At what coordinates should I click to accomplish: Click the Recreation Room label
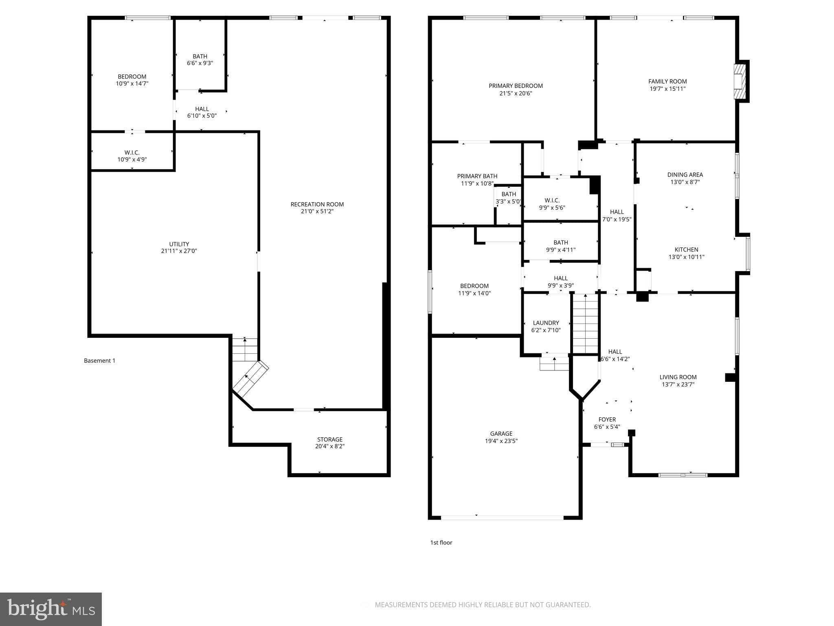[317, 204]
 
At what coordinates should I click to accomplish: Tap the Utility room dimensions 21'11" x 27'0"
[179, 251]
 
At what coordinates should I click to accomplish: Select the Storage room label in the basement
[330, 439]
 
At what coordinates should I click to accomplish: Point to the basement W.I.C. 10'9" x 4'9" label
[132, 156]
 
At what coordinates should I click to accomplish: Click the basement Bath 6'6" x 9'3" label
[200, 60]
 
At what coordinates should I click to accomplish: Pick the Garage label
[501, 434]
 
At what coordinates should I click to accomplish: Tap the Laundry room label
[546, 323]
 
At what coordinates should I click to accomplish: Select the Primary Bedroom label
[516, 86]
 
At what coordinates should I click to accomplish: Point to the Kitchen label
[687, 249]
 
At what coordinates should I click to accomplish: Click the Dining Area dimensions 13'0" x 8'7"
[685, 182]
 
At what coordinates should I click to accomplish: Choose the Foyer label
[607, 419]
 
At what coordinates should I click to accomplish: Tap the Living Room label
[678, 377]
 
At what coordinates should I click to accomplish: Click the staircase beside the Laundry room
[586, 324]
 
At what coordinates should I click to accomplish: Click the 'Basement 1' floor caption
[100, 361]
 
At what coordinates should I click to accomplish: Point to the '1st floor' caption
[441, 542]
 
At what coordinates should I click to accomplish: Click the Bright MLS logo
[51, 609]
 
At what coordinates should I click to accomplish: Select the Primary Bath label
[477, 176]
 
